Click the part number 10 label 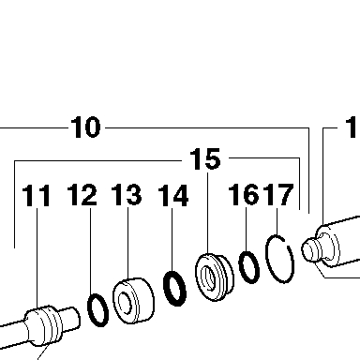click(x=85, y=127)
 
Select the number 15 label click(x=205, y=159)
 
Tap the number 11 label click(x=37, y=195)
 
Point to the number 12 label click(x=82, y=194)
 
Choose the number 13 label click(x=127, y=194)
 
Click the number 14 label click(x=173, y=195)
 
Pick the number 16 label click(x=244, y=194)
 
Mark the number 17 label click(x=278, y=194)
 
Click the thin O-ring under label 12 click(x=90, y=316)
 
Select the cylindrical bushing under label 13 click(x=134, y=301)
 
